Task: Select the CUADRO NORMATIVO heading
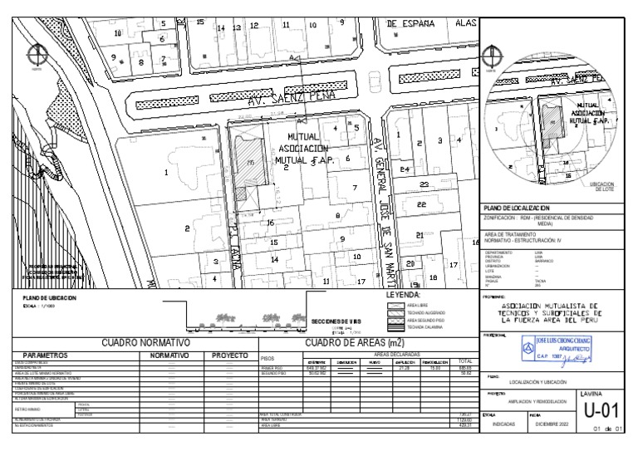tap(146, 342)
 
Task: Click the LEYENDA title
tap(404, 295)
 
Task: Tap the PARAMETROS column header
tap(52, 355)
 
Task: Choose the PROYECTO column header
tap(230, 355)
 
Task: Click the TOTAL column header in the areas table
tap(465, 361)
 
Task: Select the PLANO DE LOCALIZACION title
tap(518, 207)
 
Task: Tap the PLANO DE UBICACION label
tap(50, 297)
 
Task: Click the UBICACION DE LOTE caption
tap(601, 187)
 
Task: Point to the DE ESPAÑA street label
tap(411, 24)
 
